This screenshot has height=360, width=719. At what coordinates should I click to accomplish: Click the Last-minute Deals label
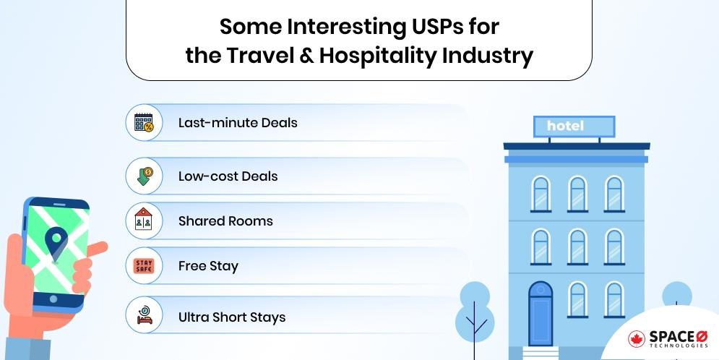(238, 122)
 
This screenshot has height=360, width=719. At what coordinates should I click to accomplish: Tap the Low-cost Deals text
(228, 176)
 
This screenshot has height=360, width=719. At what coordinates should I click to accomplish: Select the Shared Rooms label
(225, 221)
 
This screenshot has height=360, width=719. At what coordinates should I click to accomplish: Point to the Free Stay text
(208, 266)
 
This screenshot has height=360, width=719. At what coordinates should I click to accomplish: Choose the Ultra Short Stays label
(231, 317)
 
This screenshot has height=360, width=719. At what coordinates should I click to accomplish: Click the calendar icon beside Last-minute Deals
(144, 122)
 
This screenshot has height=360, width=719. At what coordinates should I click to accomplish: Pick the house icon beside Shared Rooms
(144, 221)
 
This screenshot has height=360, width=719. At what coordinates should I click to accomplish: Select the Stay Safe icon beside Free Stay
(144, 266)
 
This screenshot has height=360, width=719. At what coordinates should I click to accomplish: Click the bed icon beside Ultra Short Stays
(144, 316)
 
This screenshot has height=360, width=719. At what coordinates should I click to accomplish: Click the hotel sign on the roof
(574, 127)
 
